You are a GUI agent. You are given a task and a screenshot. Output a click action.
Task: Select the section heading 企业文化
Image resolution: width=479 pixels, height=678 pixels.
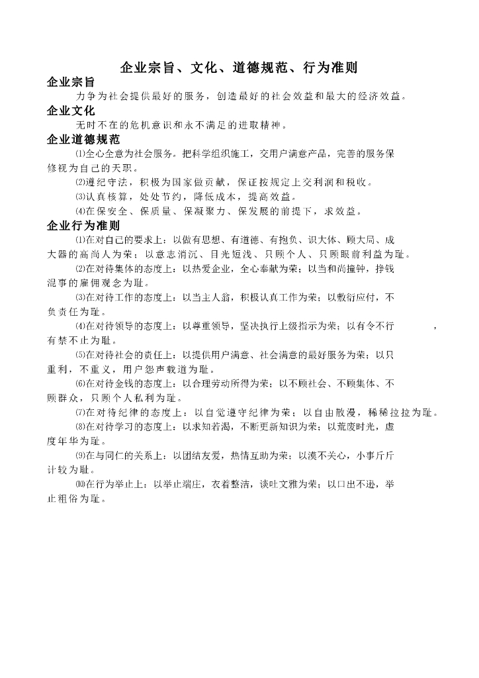71,110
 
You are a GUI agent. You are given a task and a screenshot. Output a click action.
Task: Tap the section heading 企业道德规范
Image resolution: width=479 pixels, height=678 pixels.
83,140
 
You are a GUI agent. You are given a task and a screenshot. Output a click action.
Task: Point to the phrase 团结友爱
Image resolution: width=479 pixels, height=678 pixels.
200,456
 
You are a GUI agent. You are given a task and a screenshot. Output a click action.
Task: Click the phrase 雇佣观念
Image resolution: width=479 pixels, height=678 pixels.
97,283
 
